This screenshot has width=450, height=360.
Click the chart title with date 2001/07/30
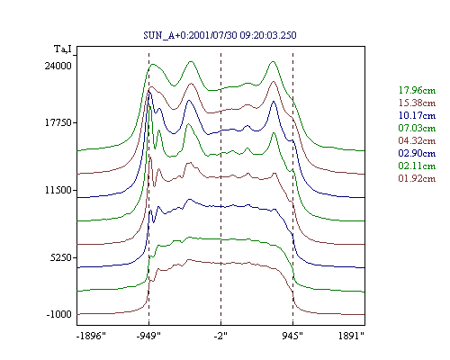click(220, 35)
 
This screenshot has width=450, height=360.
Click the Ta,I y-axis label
click(63, 49)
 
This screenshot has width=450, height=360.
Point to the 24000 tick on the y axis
click(58, 66)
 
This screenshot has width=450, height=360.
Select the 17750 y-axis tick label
click(58, 122)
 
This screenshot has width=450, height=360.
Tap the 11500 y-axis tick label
click(58, 190)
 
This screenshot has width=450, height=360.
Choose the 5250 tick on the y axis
click(61, 257)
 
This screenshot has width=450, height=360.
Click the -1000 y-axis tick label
click(59, 314)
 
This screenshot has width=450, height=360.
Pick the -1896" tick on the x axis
click(92, 336)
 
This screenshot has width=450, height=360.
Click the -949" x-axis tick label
click(148, 336)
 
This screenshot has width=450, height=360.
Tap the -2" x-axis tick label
click(220, 336)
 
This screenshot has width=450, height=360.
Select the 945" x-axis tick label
click(292, 336)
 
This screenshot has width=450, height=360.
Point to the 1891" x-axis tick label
click(351, 336)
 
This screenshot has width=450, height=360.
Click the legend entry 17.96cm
click(417, 90)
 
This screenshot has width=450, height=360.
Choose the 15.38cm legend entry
click(417, 103)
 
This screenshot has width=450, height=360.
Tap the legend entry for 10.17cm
click(417, 115)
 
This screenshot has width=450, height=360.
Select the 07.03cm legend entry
click(417, 128)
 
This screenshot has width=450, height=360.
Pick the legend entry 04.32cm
click(417, 140)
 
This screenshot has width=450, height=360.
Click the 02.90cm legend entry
click(417, 153)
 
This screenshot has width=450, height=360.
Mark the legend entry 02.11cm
click(417, 166)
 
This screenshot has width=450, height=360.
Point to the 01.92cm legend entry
click(417, 178)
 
